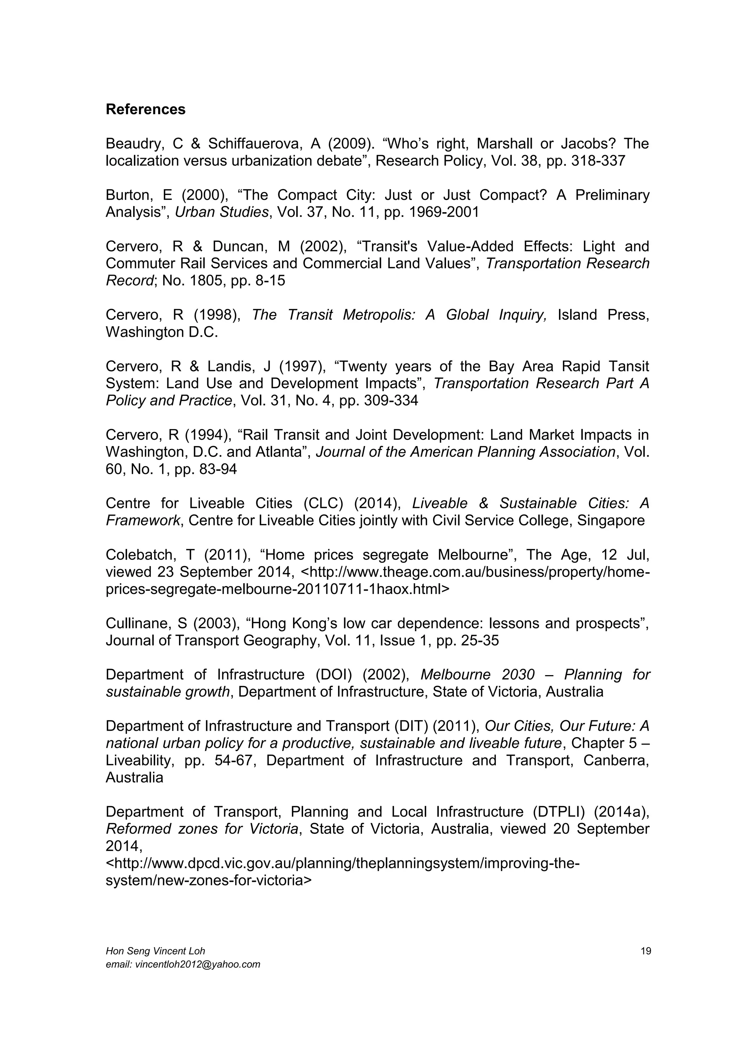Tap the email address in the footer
pos(183,964)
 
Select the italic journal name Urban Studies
pos(222,213)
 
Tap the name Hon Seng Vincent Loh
pos(155,951)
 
